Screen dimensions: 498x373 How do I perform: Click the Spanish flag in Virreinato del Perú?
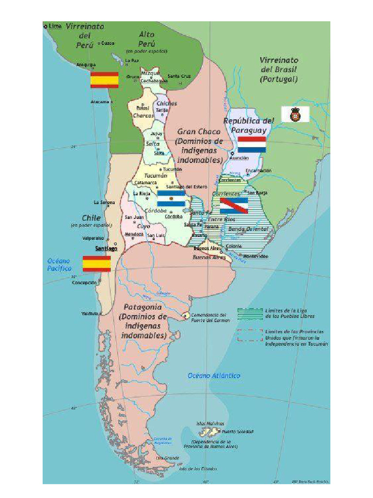point(104,80)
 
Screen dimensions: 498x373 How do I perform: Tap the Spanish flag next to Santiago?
point(97,263)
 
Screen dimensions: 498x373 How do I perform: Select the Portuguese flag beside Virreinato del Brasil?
point(295,114)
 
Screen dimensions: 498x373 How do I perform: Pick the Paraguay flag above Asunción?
point(252,144)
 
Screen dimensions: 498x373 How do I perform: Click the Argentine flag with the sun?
point(171,198)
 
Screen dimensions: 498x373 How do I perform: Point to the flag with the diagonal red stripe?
point(234,205)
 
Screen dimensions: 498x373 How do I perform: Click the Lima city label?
point(55,26)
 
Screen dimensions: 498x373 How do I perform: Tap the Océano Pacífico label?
point(59,265)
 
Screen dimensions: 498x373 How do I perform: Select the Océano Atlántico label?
point(214,375)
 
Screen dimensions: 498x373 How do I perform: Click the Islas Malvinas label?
point(210,423)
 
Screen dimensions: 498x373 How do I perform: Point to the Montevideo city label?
point(255,256)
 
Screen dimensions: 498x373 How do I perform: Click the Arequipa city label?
point(86,64)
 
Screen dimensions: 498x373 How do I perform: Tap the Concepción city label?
point(84,282)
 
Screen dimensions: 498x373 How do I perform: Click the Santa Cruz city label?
point(179,76)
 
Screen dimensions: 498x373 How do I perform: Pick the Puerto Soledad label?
point(237,431)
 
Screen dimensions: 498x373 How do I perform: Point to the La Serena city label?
point(104,202)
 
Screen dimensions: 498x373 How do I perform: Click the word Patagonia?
point(143,307)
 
